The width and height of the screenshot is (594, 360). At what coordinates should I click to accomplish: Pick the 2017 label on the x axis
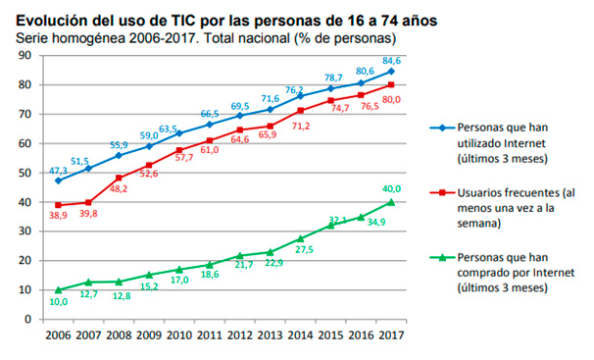pos(391,334)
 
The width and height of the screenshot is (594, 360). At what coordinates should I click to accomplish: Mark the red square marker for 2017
pos(390,85)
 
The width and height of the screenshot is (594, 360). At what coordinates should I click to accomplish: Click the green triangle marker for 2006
pos(59,289)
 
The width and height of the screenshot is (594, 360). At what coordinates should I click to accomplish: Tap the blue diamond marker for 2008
pos(120,155)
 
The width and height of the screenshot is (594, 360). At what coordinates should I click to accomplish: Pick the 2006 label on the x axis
pos(59,334)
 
